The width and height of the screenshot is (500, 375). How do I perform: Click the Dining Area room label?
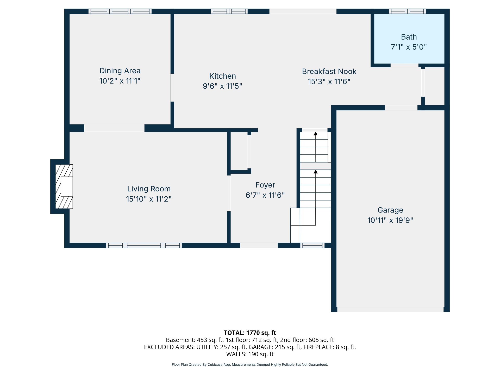point(120,71)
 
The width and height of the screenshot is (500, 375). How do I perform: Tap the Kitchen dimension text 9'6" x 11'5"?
point(222,86)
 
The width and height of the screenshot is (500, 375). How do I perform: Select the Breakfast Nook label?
point(329,71)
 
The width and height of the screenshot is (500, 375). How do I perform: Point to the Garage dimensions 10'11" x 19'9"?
point(390,220)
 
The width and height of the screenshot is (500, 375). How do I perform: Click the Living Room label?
point(149,189)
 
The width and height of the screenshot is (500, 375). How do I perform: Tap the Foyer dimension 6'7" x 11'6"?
point(265,195)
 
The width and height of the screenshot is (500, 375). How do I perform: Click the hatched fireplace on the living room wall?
point(64,186)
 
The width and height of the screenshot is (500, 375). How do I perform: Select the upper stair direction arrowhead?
point(316,134)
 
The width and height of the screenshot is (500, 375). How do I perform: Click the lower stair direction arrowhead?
point(316,172)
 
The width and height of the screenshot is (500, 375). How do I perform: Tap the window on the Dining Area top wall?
point(120,11)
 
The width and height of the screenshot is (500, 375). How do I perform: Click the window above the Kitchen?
point(229,11)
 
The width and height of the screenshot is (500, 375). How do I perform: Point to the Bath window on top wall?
point(408,11)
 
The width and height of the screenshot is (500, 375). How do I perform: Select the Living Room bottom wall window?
point(144,245)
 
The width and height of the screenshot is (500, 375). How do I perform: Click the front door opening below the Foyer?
point(259,245)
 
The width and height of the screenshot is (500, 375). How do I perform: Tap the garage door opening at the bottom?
point(390,309)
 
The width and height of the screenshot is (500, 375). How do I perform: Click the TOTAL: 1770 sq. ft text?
point(250,333)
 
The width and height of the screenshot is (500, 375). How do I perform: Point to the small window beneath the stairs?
point(312,245)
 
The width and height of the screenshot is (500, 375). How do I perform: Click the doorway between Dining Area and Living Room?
point(114,128)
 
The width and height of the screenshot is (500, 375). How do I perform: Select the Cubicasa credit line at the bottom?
point(250,365)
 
